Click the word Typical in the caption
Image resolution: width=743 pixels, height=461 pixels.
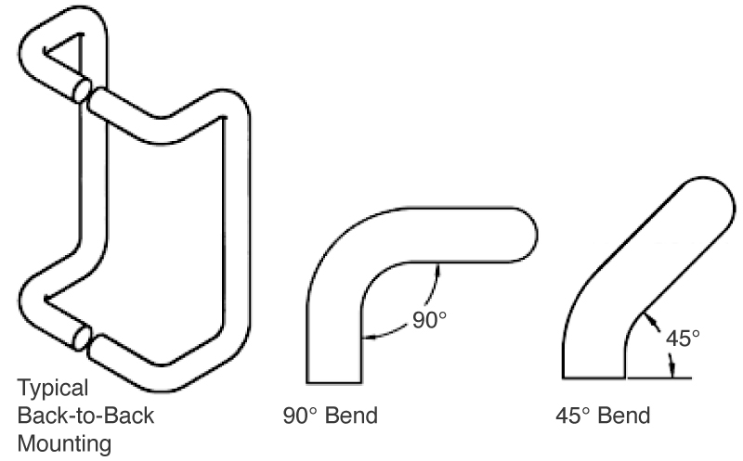(53, 389)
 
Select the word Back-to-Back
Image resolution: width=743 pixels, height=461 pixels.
(85, 416)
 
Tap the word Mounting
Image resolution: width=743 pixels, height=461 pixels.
(64, 444)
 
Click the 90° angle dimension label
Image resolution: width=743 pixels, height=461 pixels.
(429, 320)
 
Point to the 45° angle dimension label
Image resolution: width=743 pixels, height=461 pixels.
(683, 339)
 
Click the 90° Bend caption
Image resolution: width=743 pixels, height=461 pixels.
(331, 416)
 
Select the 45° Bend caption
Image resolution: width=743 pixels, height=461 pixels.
(603, 416)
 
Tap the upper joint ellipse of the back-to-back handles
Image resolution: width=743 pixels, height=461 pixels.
(83, 90)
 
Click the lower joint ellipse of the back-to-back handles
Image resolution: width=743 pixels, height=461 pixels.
(83, 338)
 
